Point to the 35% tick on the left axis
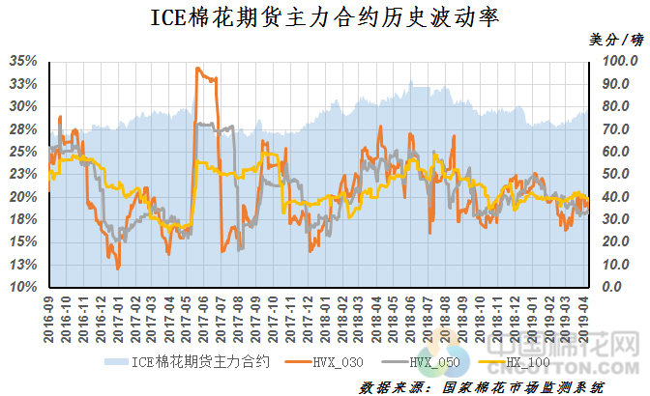25,61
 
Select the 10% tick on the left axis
25,288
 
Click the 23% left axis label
25,174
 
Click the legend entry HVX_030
335,363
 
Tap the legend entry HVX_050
431,363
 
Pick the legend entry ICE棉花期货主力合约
201,363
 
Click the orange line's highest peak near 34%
198,69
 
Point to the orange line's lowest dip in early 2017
118,268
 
